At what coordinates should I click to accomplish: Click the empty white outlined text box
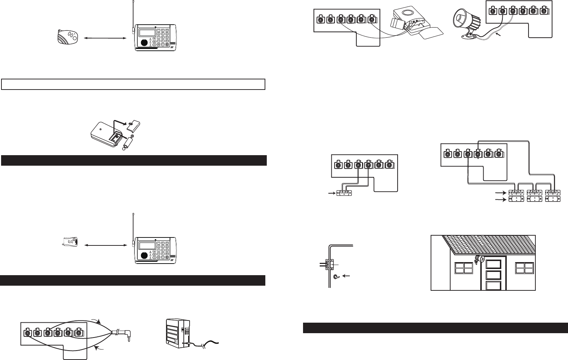(x=134, y=84)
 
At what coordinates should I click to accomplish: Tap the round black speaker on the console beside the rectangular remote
(x=144, y=255)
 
